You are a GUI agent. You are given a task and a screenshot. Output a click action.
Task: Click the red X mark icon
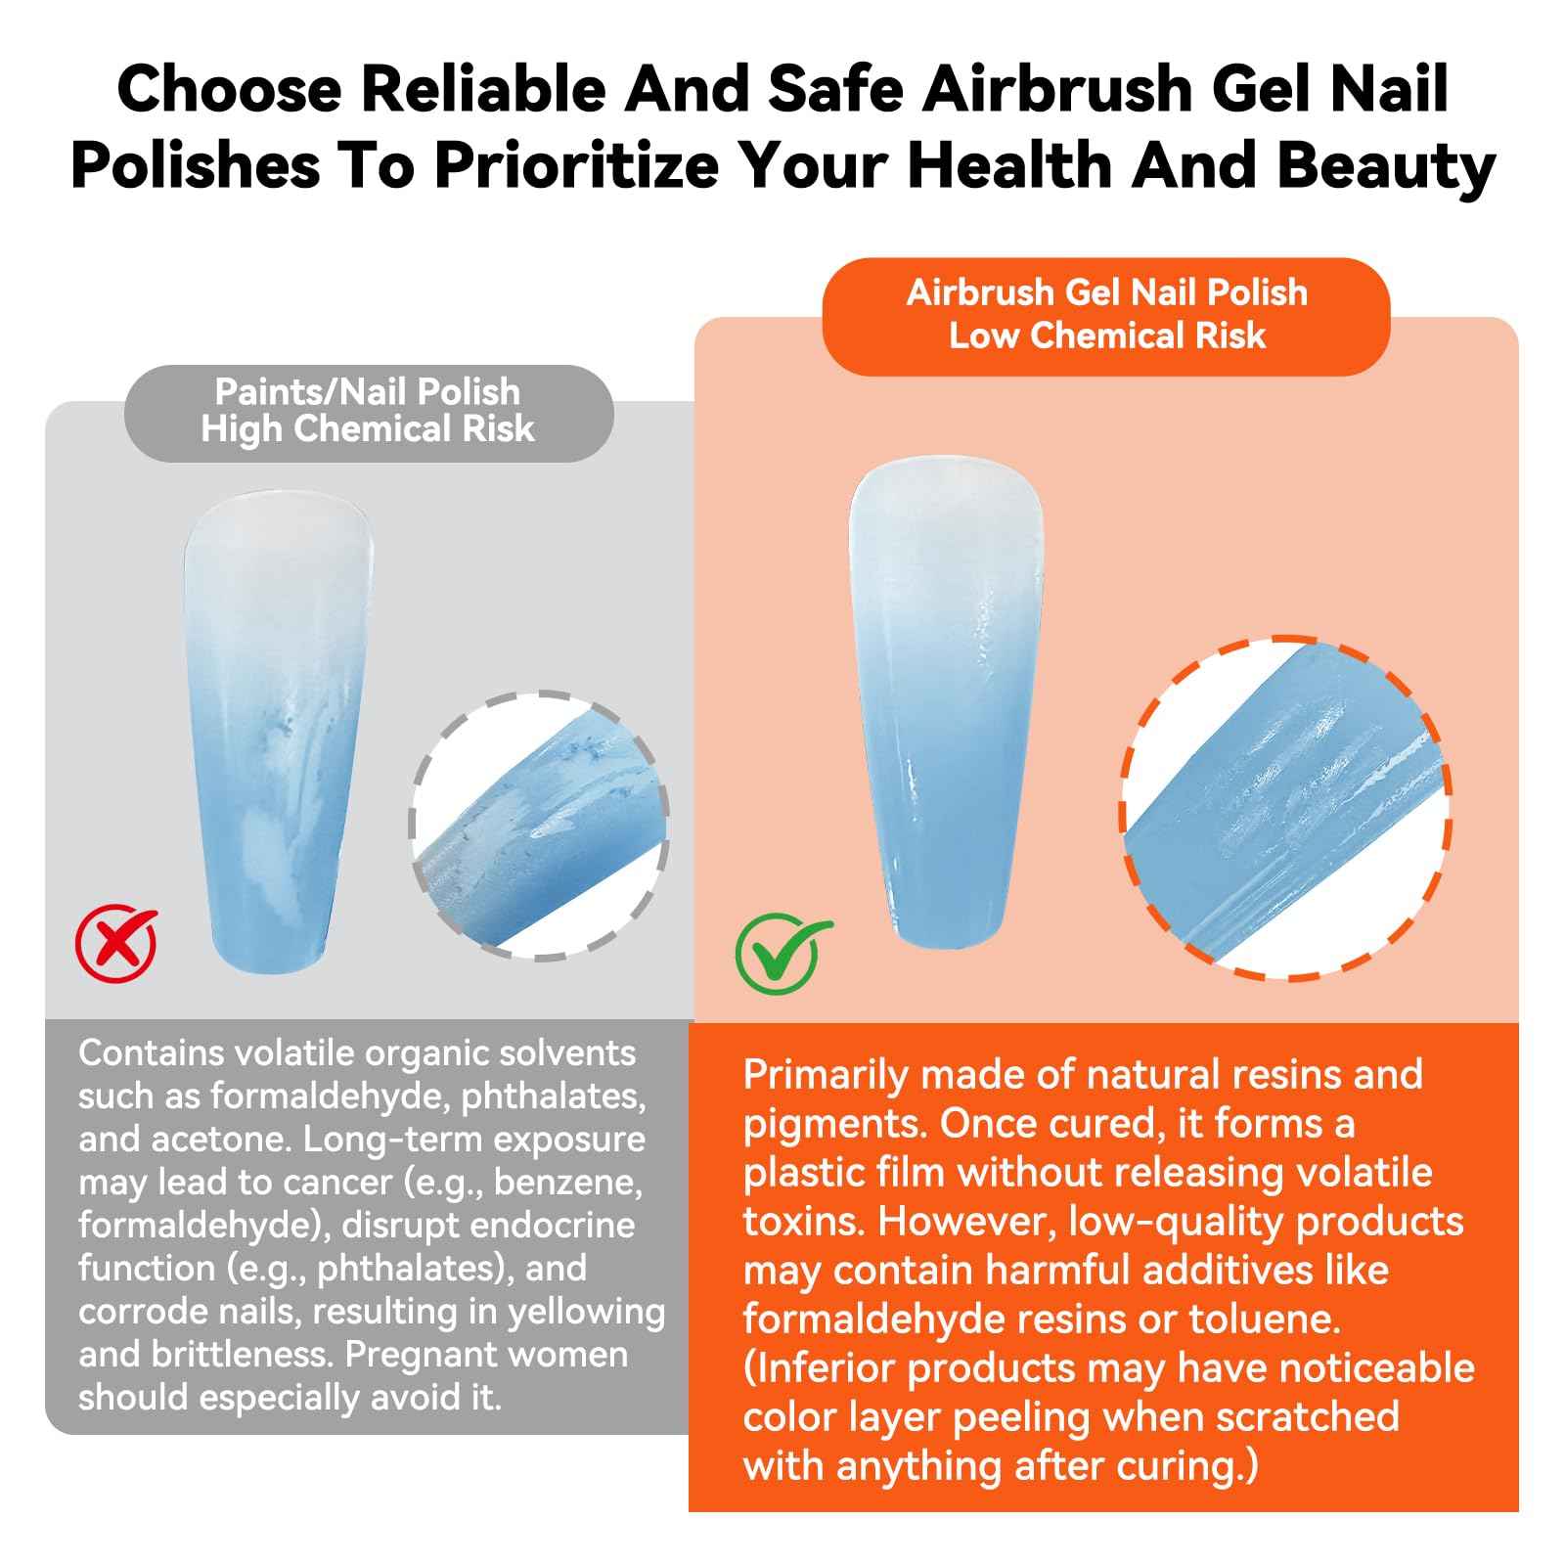pos(116,943)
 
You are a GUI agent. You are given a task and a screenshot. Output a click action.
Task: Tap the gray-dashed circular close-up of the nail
pos(539,826)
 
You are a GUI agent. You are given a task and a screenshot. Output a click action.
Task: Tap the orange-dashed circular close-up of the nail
pos(1285,808)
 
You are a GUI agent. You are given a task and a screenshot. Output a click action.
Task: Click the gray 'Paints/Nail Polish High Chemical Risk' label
pos(368,411)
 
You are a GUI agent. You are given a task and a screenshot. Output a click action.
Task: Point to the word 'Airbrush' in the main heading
pos(1057,89)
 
